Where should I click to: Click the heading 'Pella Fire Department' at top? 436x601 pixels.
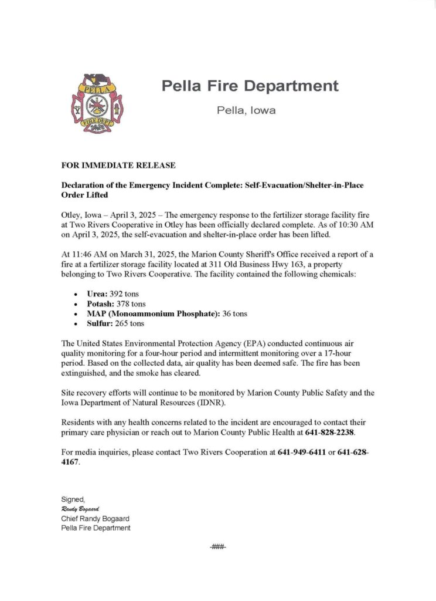(x=250, y=86)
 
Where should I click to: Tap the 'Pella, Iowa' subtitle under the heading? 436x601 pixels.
(x=246, y=110)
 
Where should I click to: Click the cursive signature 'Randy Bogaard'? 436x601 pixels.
(x=81, y=509)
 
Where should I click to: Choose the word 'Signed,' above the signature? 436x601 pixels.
(x=73, y=500)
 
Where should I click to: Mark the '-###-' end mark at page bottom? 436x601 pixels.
(x=217, y=547)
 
